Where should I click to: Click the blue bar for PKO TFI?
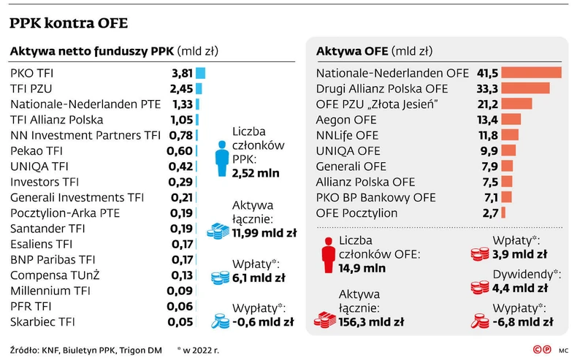tap(200, 73)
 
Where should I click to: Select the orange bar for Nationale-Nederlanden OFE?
tap(532, 73)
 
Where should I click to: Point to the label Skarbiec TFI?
tap(43, 321)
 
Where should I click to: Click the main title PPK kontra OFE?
tap(69, 24)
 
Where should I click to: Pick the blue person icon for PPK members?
tap(220, 155)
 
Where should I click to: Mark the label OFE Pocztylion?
tap(357, 213)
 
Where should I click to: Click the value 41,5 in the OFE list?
tap(487, 73)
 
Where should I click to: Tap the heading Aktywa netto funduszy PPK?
tap(112, 51)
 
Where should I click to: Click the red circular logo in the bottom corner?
tap(541, 350)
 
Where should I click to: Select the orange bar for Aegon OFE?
tap(512, 119)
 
